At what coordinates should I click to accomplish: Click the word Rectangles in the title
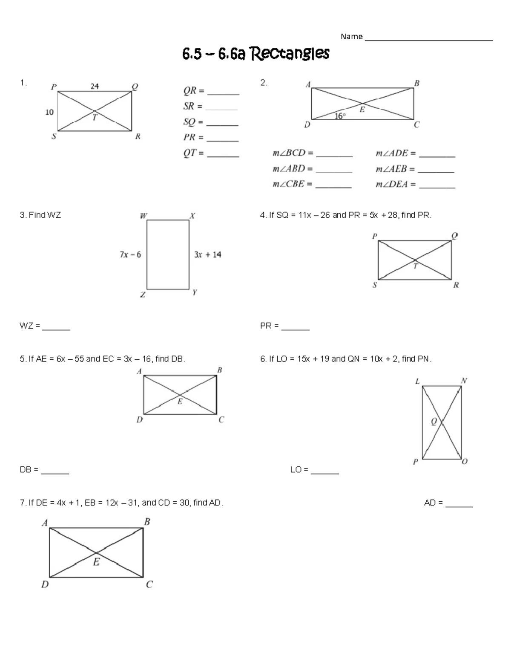coord(290,54)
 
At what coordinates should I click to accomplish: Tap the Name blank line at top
coord(428,40)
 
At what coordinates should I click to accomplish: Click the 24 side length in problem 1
coord(95,86)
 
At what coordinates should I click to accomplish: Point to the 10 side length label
coord(49,112)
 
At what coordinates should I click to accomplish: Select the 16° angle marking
coord(340,116)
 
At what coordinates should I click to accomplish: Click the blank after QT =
coord(223,156)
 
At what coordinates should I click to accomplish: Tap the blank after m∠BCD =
coord(334,156)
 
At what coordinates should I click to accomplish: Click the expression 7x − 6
coord(130,254)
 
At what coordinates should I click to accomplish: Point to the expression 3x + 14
coord(208,254)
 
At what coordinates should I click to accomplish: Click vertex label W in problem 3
coord(144,216)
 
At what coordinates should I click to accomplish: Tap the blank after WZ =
coord(56,330)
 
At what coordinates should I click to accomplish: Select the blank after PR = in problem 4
coord(296,330)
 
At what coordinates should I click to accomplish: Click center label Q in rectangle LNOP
coord(434,421)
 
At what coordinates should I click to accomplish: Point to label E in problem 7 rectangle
coord(97,562)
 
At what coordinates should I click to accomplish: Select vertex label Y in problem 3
coord(195,292)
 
